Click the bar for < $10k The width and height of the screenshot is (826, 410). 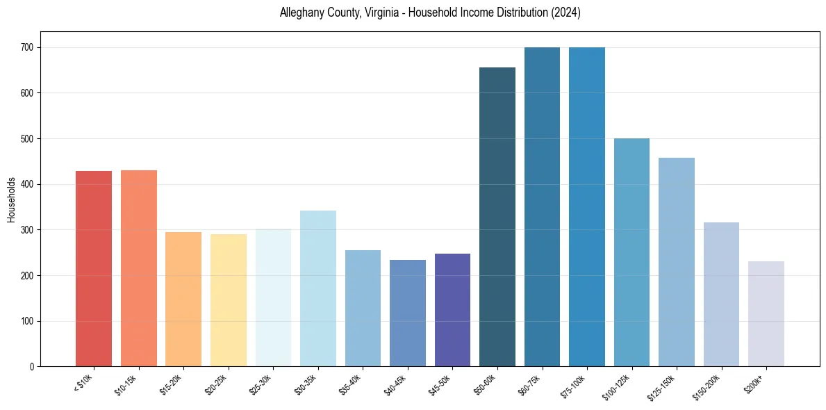click(94, 268)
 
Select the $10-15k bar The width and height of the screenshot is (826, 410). click(138, 268)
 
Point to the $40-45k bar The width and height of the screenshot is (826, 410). click(408, 313)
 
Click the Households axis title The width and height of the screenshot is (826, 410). click(11, 199)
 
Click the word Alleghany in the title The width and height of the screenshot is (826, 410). click(303, 13)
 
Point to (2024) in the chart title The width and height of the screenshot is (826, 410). click(566, 13)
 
